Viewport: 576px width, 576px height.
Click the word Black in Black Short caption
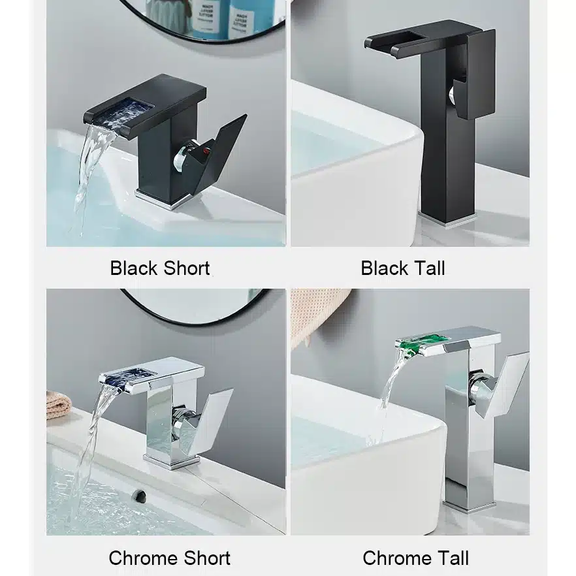pos(134,268)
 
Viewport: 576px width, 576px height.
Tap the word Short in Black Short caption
pos(187,268)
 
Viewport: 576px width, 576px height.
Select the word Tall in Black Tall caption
pos(428,268)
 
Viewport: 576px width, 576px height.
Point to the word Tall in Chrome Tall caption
pos(451,558)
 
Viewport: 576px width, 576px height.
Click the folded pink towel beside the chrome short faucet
pos(59,405)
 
